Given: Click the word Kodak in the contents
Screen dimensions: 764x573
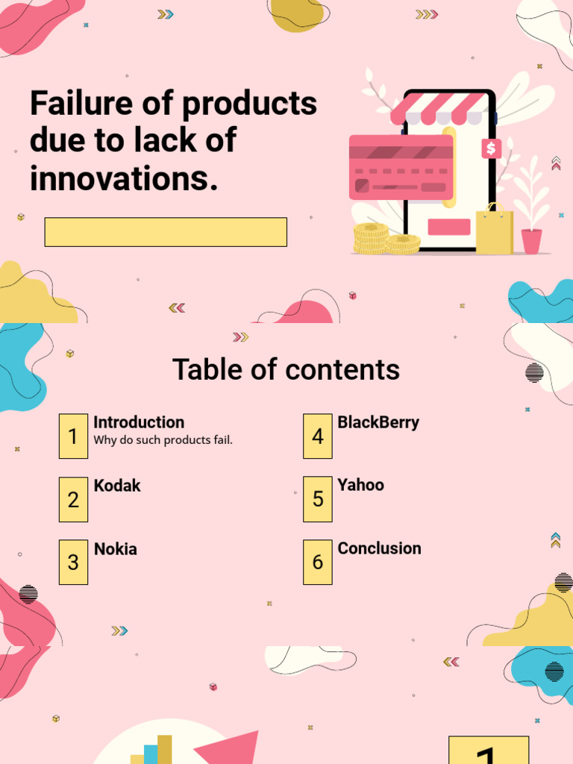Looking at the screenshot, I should [117, 486].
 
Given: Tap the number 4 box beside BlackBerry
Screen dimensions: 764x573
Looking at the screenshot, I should [318, 436].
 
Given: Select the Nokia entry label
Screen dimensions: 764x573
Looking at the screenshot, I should [116, 549].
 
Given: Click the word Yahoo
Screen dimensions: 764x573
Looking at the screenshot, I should [360, 485].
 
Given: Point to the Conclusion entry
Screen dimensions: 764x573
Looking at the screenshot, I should [379, 548].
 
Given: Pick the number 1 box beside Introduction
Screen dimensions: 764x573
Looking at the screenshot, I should [73, 436].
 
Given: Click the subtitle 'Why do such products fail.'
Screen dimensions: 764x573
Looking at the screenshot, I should [163, 440].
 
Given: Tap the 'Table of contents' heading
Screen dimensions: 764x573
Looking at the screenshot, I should [286, 369].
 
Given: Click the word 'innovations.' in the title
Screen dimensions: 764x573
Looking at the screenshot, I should [124, 179].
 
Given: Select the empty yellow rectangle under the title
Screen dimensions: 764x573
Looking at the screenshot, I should [166, 232].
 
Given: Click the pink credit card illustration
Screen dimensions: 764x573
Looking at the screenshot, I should [401, 167].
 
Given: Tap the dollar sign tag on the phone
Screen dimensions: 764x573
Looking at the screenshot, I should [490, 148].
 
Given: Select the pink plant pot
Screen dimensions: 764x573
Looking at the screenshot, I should [531, 241].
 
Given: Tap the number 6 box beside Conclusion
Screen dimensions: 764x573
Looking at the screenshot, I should [318, 563].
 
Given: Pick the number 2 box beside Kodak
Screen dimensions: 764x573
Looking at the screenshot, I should [73, 500].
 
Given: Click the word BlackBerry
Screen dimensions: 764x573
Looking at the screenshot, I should [378, 422].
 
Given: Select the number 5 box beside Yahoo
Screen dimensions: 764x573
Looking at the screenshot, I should [318, 499].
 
